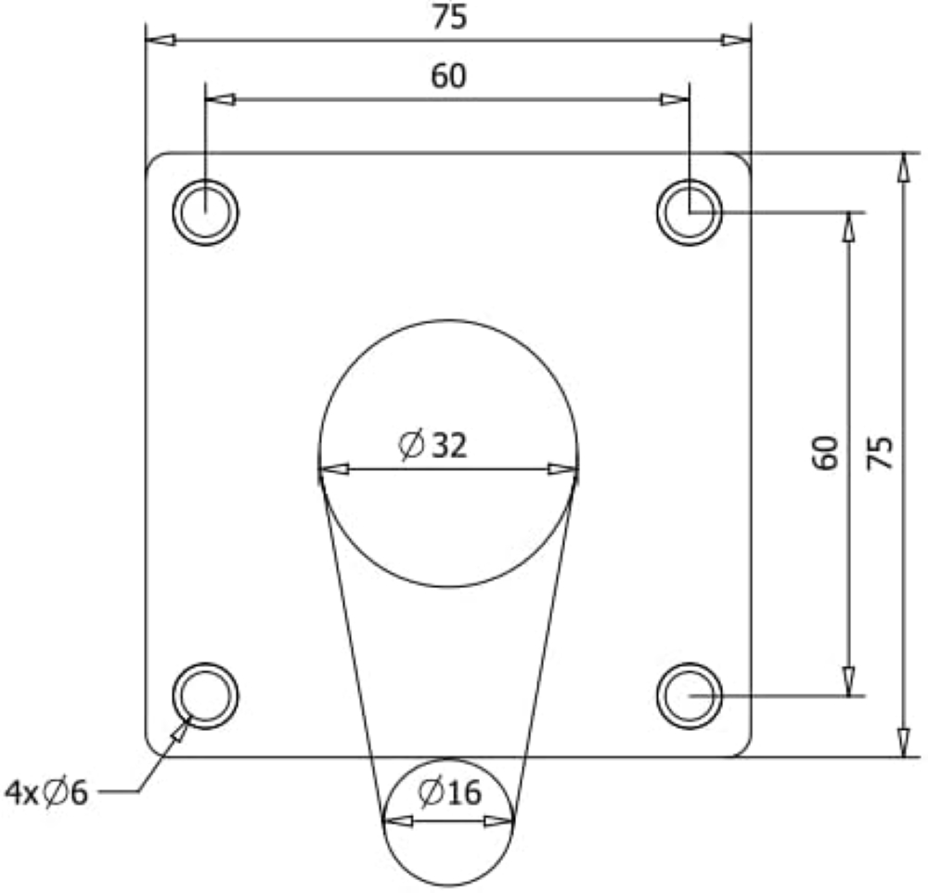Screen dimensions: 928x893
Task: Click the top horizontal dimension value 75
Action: [449, 17]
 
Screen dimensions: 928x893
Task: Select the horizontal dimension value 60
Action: [448, 76]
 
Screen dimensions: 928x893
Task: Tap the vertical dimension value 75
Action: [880, 453]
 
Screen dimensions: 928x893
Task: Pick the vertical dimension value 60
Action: [825, 453]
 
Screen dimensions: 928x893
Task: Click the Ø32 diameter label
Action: [432, 445]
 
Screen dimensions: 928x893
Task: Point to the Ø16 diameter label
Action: [450, 793]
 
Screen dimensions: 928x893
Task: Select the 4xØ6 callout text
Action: [46, 793]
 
